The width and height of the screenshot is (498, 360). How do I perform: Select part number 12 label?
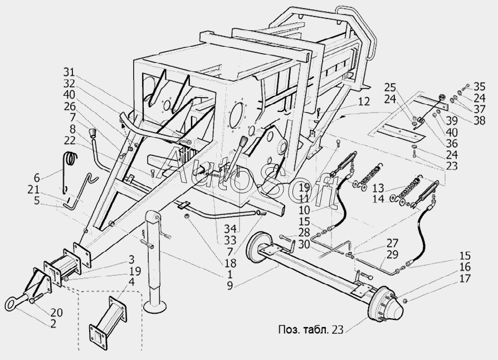363,102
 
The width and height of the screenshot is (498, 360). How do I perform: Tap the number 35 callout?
480,86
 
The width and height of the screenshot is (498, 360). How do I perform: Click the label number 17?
466,279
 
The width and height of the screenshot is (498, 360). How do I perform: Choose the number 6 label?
36,178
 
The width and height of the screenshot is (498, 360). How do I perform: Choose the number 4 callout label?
131,283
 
